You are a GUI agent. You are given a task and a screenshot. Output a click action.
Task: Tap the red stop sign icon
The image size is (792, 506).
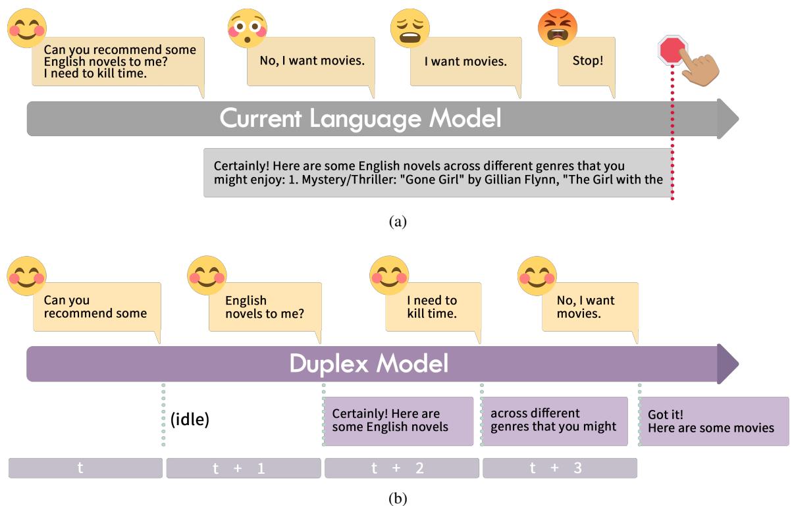tap(673, 51)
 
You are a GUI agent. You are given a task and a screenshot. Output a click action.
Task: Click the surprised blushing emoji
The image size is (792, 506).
tap(247, 28)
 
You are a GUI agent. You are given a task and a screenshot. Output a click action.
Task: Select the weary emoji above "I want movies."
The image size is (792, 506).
tap(409, 28)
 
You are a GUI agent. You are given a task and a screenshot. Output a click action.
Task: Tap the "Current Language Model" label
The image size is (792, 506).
tap(360, 118)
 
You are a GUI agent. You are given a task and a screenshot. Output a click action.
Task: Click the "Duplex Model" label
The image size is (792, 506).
tap(369, 364)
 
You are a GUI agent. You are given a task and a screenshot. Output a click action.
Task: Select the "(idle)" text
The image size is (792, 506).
tap(190, 419)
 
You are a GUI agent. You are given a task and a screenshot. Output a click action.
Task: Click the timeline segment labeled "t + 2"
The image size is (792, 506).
tap(402, 468)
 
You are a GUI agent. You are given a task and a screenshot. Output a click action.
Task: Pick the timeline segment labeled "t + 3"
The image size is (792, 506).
tap(560, 468)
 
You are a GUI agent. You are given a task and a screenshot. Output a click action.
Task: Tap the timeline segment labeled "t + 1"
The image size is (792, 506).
tap(244, 468)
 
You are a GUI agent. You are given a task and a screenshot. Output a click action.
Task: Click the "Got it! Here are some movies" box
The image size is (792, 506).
tap(714, 421)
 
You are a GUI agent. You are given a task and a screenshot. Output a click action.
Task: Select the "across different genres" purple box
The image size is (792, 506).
tap(554, 421)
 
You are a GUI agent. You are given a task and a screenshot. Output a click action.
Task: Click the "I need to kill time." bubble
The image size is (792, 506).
tap(433, 307)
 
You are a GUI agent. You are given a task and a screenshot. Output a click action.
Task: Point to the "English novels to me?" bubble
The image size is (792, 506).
tap(264, 307)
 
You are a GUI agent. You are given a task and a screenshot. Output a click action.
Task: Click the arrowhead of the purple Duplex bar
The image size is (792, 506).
tap(727, 364)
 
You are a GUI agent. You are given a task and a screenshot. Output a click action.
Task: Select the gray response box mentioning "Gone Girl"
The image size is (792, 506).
tap(437, 172)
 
